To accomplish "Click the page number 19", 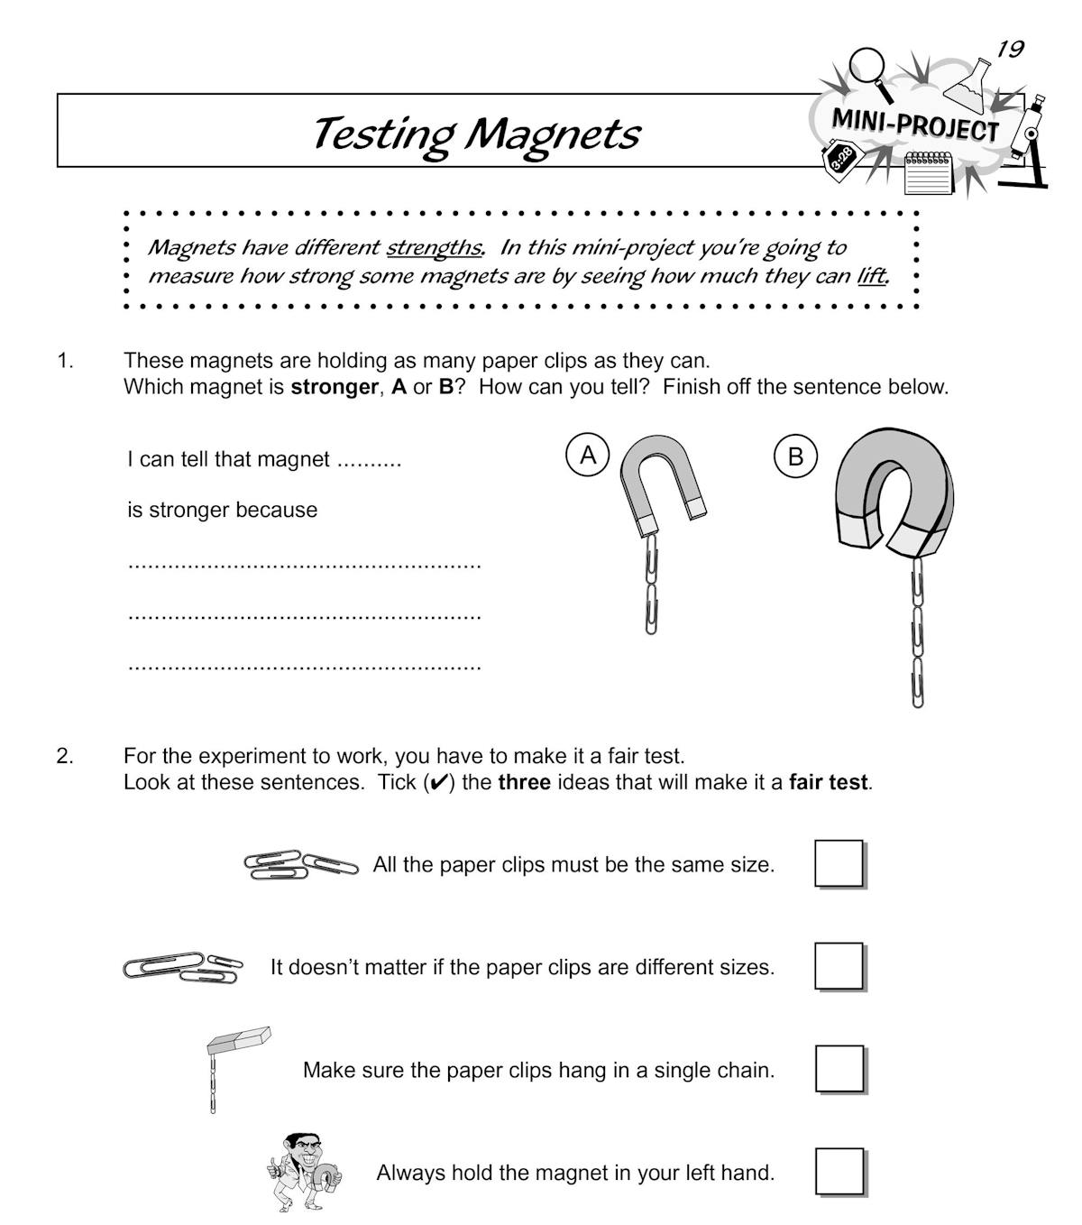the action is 1010,49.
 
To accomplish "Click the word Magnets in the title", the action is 552,134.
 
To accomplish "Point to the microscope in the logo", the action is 1028,143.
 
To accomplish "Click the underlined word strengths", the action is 434,248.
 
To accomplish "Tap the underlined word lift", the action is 872,277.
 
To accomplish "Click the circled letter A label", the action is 588,455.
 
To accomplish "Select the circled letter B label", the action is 795,456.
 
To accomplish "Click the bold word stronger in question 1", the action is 335,387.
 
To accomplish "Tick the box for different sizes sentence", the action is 839,966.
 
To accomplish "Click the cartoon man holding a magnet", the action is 304,1173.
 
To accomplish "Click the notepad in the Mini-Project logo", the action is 928,174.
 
